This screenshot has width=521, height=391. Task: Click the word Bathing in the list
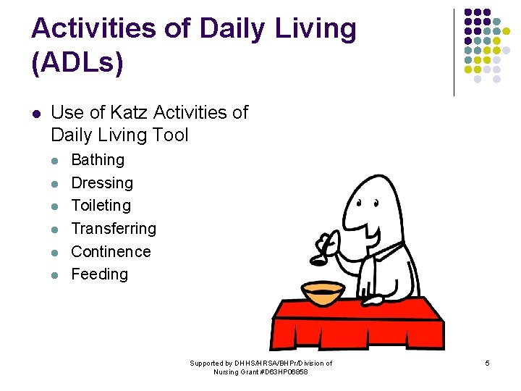click(x=98, y=160)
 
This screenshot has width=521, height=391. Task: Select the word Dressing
click(x=102, y=183)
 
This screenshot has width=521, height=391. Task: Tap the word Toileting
click(x=101, y=206)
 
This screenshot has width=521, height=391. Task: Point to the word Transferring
click(x=114, y=229)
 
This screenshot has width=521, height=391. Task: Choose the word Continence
click(x=111, y=252)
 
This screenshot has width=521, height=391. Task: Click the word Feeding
click(x=99, y=274)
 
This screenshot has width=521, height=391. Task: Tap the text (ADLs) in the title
click(x=77, y=62)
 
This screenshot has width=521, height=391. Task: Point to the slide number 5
click(x=488, y=362)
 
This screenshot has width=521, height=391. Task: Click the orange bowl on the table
click(x=323, y=293)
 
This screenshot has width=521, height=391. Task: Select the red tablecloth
click(x=355, y=322)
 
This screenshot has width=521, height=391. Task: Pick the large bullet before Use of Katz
click(x=36, y=113)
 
